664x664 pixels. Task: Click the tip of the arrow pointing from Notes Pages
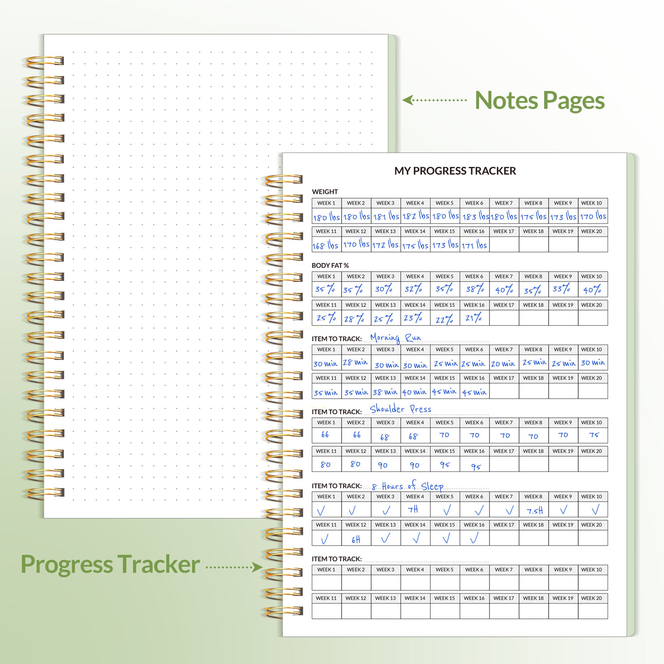pos(402,100)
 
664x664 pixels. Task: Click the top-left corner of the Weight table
pos(312,198)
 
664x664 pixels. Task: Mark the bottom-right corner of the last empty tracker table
pos(608,619)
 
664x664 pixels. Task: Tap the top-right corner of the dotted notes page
pos(388,35)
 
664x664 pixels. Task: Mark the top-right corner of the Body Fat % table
pos(608,272)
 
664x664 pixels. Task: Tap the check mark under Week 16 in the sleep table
pos(474,538)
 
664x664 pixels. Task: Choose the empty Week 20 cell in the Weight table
pos(593,244)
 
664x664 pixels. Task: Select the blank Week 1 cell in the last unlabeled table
pos(327,582)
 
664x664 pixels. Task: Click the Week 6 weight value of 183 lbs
pos(475,216)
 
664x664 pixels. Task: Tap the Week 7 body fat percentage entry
pos(504,290)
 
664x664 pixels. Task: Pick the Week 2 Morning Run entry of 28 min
pos(355,363)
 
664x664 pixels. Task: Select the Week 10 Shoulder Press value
pos(594,435)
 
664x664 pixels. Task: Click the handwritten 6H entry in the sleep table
pos(356,539)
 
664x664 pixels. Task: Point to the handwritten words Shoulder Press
pos(400,409)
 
